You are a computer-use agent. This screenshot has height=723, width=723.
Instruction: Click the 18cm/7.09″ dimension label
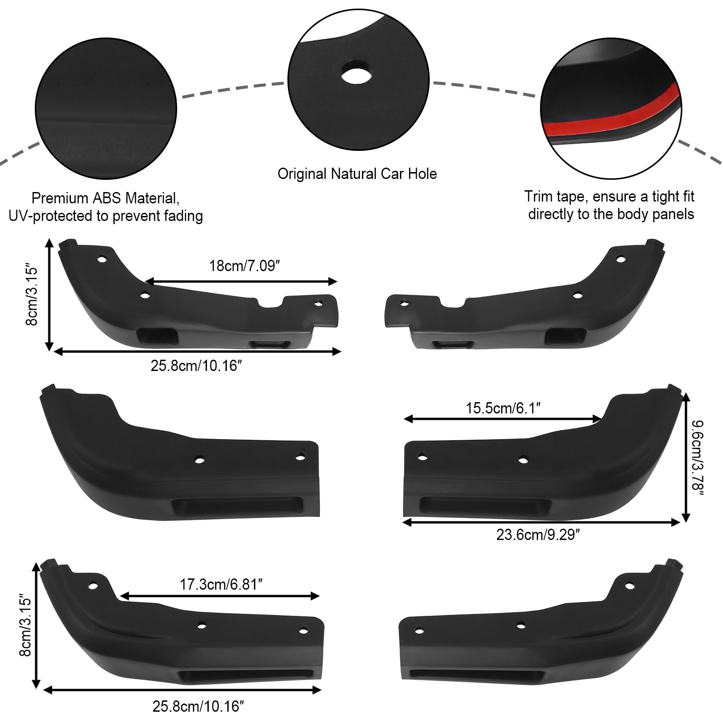click(242, 266)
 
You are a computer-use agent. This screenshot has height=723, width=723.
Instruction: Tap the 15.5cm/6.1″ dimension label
click(503, 408)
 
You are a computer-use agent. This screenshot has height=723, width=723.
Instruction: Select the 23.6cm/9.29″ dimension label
click(538, 535)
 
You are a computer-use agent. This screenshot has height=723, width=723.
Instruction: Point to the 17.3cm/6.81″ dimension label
click(221, 585)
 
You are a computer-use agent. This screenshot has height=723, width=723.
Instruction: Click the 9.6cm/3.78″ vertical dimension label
click(698, 457)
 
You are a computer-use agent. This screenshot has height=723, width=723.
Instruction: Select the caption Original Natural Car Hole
click(357, 174)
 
